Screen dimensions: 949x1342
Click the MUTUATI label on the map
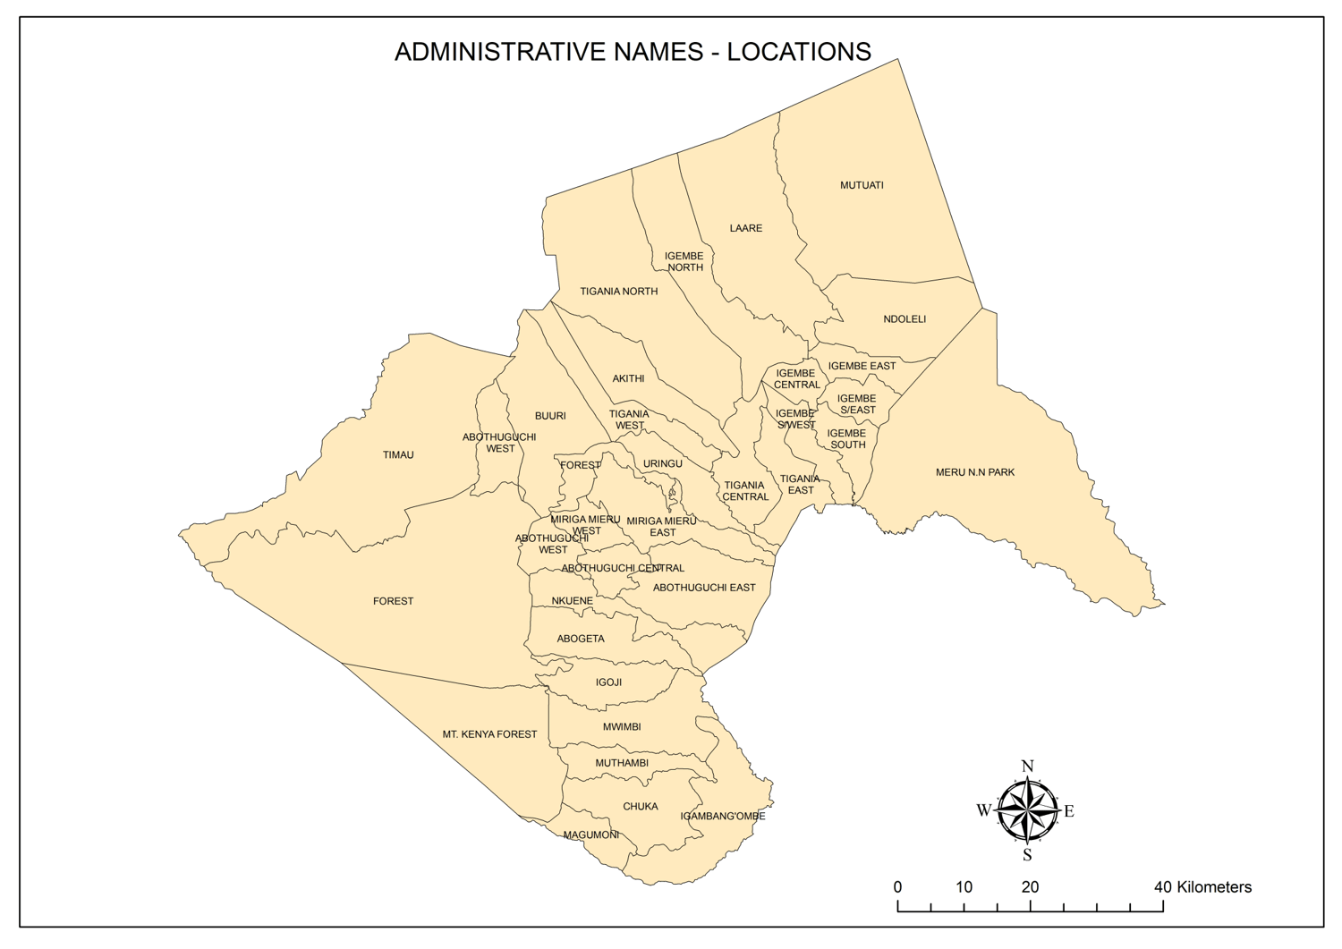click(862, 185)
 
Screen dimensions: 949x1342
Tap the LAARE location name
click(745, 228)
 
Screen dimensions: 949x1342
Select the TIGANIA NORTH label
click(618, 292)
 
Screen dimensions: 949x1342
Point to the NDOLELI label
click(904, 319)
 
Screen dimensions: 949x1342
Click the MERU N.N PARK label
click(974, 472)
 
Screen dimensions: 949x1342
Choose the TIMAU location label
click(398, 455)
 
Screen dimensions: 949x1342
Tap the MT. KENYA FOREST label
click(489, 734)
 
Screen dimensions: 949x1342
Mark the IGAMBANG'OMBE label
click(722, 816)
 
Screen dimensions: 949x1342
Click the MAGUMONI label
click(590, 835)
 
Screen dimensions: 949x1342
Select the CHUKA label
click(640, 807)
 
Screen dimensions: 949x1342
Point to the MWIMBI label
click(621, 727)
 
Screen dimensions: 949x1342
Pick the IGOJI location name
click(608, 682)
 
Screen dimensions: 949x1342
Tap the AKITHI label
click(628, 378)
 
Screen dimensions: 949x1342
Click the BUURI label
click(550, 416)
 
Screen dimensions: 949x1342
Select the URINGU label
click(662, 463)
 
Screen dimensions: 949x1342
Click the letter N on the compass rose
click(1027, 767)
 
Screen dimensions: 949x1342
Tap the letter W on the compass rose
click(983, 810)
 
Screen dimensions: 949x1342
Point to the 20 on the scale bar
click(1030, 887)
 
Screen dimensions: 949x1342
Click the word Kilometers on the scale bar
click(1214, 887)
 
